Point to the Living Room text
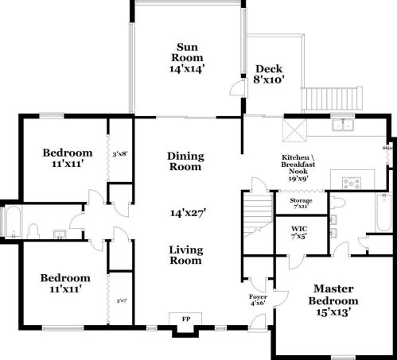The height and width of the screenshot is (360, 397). pos(186,255)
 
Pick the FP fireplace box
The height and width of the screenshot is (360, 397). pos(186,319)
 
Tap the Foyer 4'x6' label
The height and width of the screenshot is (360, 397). pos(258,299)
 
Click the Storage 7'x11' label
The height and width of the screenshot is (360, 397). pos(296,203)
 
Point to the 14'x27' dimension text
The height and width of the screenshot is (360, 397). pos(185,213)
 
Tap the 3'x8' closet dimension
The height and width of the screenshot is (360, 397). pos(120,153)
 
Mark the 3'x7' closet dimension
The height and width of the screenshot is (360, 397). pos(121,300)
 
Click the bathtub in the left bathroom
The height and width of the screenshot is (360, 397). pos(13,222)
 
